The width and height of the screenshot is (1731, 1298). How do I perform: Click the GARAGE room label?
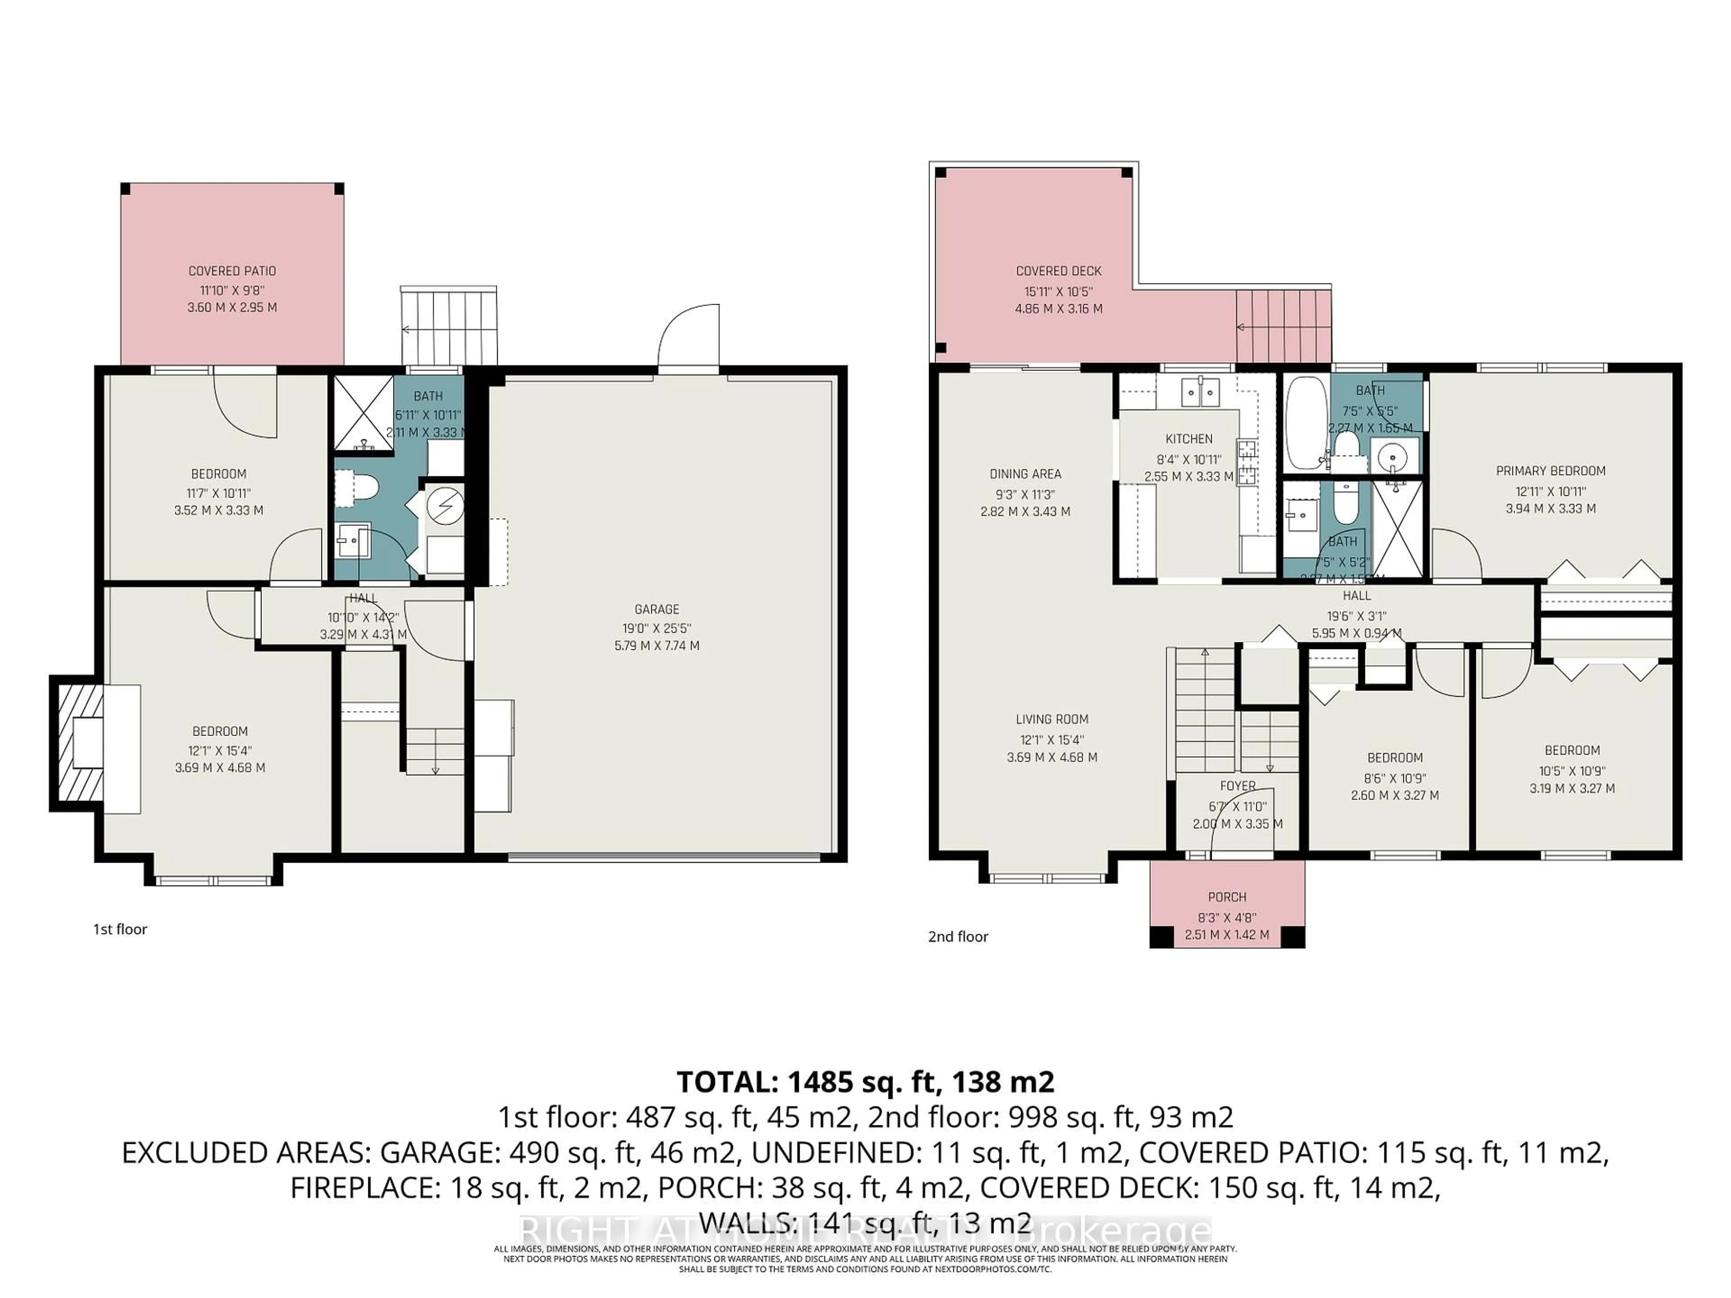656,609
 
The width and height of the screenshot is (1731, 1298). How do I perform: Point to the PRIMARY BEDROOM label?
1550,470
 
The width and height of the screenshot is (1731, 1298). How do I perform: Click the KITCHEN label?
1189,439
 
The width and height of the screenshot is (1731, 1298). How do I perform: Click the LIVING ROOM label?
1052,719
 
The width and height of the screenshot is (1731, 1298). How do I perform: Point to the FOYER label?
1237,786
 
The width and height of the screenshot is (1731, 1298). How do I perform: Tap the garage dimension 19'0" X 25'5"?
656,627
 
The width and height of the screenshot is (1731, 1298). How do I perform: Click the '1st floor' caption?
120,929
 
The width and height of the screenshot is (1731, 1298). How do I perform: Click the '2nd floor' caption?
958,937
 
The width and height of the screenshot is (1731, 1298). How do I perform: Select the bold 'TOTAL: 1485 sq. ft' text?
864,1081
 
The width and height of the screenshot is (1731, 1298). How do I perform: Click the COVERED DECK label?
1058,271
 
